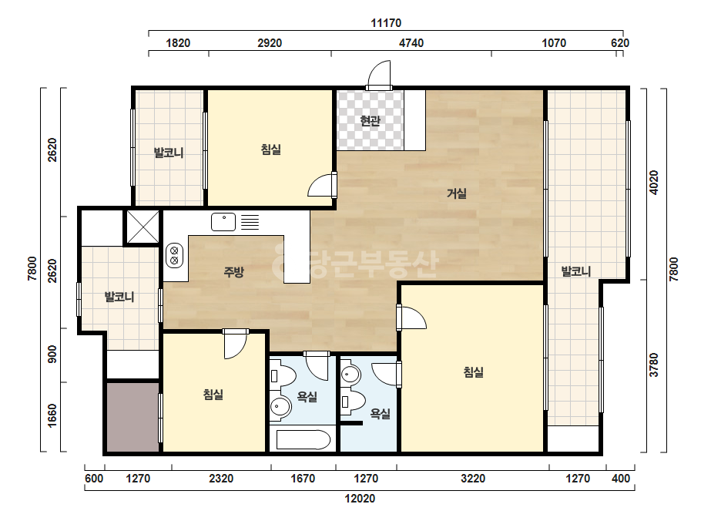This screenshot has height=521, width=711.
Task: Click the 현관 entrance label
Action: tap(370, 121)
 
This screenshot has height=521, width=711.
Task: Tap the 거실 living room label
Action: tap(457, 193)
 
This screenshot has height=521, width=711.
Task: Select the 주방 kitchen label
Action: tap(234, 272)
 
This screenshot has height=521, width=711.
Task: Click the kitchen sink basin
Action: tap(223, 222)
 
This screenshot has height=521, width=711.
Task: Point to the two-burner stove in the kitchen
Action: tap(173, 255)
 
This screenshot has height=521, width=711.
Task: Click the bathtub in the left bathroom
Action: tap(304, 440)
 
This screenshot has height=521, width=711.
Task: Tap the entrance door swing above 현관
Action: tap(379, 73)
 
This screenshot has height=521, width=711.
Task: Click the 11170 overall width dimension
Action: tap(386, 22)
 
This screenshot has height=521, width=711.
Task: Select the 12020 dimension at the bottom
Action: tap(360, 499)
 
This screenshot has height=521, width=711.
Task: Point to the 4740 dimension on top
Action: tap(411, 43)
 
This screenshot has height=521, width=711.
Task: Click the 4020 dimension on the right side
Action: tap(653, 183)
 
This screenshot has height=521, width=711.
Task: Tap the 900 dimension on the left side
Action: tap(52, 355)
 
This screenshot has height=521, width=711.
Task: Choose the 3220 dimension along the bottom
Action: tap(473, 479)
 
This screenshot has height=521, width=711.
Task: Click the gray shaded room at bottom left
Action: tap(133, 417)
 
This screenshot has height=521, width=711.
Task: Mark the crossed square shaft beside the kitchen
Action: tap(143, 227)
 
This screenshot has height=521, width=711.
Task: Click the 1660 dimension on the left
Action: tap(52, 415)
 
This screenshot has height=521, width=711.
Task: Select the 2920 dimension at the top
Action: tap(270, 43)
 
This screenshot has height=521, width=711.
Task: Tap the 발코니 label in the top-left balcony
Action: tap(169, 153)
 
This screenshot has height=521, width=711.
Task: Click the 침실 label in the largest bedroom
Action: tap(474, 372)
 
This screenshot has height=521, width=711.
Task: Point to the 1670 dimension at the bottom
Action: tap(303, 479)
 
